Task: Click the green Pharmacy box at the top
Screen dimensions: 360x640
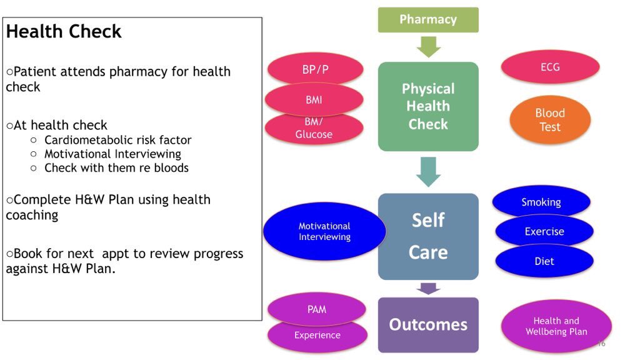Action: (x=428, y=19)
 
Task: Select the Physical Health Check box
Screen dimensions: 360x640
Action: (x=428, y=106)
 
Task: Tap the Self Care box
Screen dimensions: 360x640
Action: (x=428, y=236)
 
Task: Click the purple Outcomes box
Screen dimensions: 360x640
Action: (x=428, y=324)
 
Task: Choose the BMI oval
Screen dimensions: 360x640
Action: (x=314, y=100)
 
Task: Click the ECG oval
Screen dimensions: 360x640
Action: (x=550, y=67)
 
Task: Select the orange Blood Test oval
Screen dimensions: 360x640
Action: (x=550, y=120)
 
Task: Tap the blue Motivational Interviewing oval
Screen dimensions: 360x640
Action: (x=324, y=231)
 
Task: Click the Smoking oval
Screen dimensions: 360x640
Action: (x=541, y=201)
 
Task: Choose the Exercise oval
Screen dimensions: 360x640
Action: (x=544, y=231)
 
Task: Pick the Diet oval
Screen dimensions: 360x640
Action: (x=544, y=261)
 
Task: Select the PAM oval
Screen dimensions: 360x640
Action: (x=316, y=308)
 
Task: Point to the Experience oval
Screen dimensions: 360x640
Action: (x=317, y=336)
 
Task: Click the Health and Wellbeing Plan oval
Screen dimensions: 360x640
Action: (x=556, y=326)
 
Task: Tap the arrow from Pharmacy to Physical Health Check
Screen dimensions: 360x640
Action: (x=428, y=47)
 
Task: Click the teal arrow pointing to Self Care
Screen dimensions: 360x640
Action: (x=428, y=172)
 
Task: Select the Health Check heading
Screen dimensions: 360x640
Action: (x=64, y=32)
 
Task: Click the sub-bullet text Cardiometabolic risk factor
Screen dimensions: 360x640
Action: (x=117, y=140)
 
